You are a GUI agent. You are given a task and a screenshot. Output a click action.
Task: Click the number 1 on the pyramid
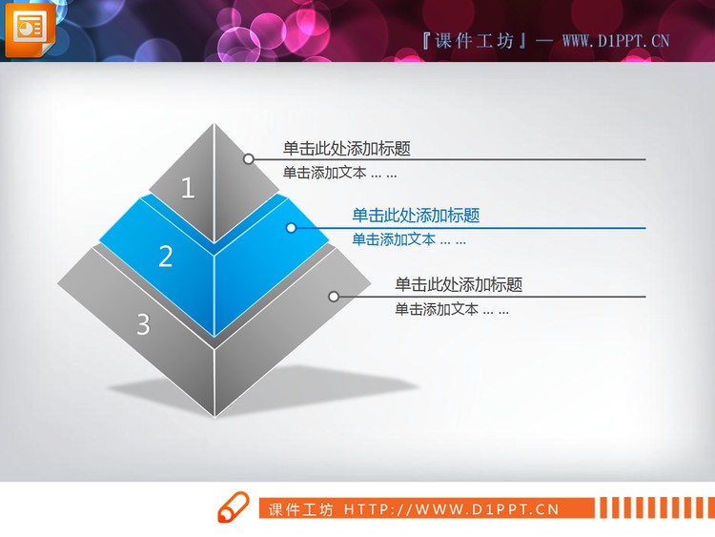pos(188,188)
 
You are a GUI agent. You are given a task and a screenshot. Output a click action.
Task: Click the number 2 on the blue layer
pos(166,256)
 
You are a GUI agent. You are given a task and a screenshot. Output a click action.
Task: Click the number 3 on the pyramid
pos(143,324)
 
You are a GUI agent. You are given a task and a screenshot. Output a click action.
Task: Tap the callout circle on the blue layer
pos(291,228)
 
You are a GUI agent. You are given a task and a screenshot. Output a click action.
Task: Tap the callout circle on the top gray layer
pos(248,159)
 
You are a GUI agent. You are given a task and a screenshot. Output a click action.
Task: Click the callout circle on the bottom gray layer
pos(334,297)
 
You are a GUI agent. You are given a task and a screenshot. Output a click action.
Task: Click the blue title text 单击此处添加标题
pos(416,216)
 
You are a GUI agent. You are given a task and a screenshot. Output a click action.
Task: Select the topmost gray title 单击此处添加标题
pos(347,148)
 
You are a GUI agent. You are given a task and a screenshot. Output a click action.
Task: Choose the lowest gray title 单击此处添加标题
pos(459,284)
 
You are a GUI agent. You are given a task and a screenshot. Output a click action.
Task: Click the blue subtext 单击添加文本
pos(409,239)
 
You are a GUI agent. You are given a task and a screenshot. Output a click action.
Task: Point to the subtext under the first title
pos(339,173)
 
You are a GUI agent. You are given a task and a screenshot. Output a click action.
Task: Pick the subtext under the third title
pos(452,309)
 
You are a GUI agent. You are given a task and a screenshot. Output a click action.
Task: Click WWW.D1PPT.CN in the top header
pos(616,40)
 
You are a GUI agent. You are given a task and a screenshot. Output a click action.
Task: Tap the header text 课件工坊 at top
pos(473,40)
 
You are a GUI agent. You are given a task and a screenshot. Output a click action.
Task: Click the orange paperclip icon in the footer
pos(232,508)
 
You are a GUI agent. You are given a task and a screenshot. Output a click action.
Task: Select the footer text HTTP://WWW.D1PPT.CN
pos(451,509)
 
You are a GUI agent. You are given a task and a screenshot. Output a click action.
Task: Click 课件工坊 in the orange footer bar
pos(301,509)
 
